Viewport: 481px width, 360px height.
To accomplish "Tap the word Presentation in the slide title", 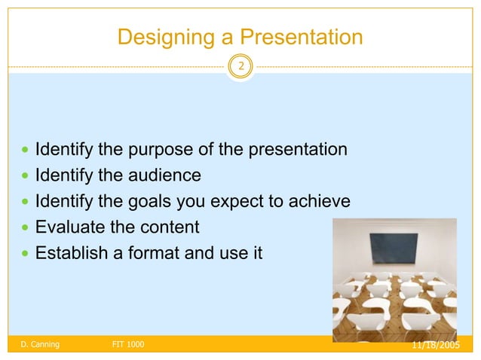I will tap(299, 36).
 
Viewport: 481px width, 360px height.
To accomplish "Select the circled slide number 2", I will tap(240, 67).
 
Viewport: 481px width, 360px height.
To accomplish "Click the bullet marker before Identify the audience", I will tap(26, 176).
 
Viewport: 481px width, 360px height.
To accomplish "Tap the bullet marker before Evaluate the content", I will tap(26, 227).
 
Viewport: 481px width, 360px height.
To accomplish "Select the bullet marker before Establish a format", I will tap(26, 253).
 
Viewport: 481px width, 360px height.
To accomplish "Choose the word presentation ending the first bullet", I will tap(299, 149).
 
